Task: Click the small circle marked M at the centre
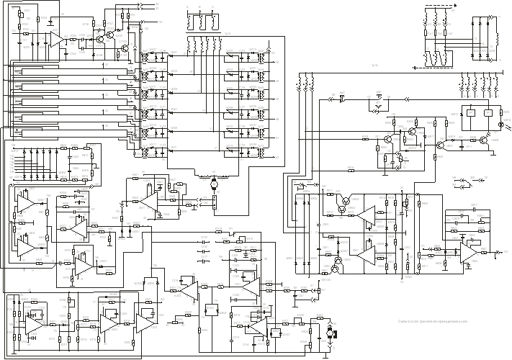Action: tap(213, 184)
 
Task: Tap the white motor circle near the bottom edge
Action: tap(330, 333)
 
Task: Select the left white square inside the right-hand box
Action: tap(471, 113)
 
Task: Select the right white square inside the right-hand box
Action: tap(488, 113)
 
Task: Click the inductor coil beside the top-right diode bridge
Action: tap(497, 32)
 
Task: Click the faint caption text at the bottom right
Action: tap(433, 322)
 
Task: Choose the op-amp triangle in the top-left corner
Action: tap(55, 40)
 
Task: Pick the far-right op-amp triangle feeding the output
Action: tap(469, 254)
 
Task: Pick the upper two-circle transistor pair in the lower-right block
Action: tap(346, 203)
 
